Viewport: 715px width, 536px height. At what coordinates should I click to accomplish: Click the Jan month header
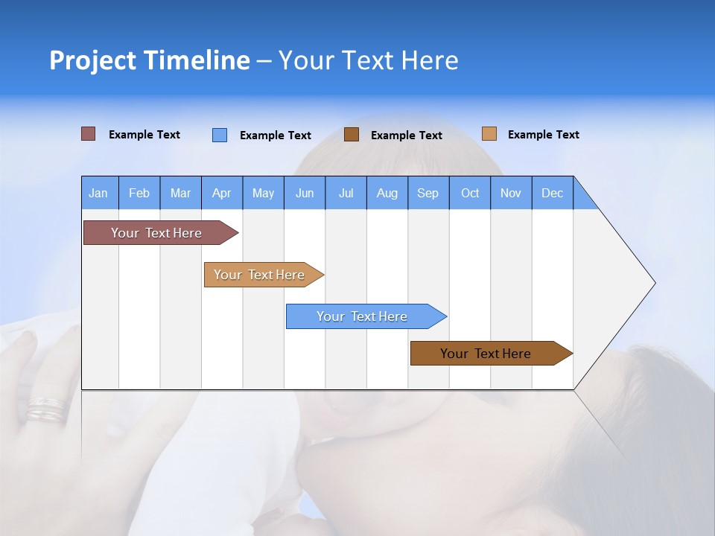click(x=99, y=193)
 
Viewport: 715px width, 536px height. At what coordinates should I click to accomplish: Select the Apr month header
click(x=222, y=193)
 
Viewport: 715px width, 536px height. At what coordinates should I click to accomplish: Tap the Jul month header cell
click(x=346, y=193)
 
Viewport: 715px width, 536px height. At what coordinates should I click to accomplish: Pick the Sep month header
click(x=428, y=193)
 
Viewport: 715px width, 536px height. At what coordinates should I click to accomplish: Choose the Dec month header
click(x=552, y=193)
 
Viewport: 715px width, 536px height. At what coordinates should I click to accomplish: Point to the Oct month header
click(x=470, y=193)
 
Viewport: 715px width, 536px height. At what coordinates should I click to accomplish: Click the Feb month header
click(x=139, y=193)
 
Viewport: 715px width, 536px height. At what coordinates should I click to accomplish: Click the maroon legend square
click(x=88, y=134)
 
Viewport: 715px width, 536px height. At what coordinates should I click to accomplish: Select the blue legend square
click(x=219, y=135)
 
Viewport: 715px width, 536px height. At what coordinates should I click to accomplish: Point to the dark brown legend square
click(x=352, y=135)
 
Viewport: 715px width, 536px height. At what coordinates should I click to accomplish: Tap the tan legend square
click(x=489, y=134)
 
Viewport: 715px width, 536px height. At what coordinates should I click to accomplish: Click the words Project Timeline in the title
click(x=149, y=60)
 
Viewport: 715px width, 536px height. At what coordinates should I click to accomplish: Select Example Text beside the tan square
click(x=543, y=135)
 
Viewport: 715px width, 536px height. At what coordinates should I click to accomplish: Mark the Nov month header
click(x=511, y=193)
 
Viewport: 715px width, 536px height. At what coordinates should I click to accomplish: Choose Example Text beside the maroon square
click(x=144, y=135)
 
